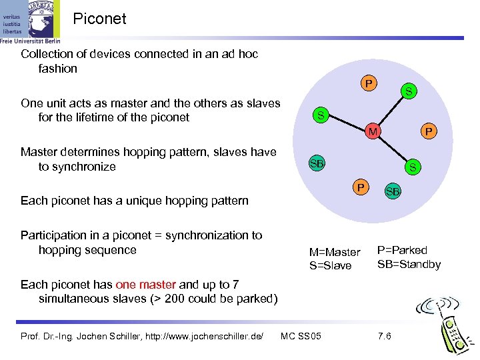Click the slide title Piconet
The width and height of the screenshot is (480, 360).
(99, 19)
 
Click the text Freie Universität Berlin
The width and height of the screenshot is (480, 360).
(30, 41)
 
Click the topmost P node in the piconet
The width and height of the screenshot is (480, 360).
(367, 84)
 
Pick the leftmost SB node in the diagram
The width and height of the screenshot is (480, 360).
(316, 163)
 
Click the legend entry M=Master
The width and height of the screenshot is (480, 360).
(335, 252)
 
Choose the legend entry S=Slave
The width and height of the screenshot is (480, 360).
(330, 266)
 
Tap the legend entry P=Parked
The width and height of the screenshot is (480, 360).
(402, 250)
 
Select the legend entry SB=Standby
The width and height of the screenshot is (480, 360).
(409, 264)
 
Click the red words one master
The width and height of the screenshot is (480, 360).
(145, 285)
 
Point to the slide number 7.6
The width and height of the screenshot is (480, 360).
(384, 335)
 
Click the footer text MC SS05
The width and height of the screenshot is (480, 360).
(301, 335)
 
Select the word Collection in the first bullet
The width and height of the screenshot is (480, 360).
(47, 54)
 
